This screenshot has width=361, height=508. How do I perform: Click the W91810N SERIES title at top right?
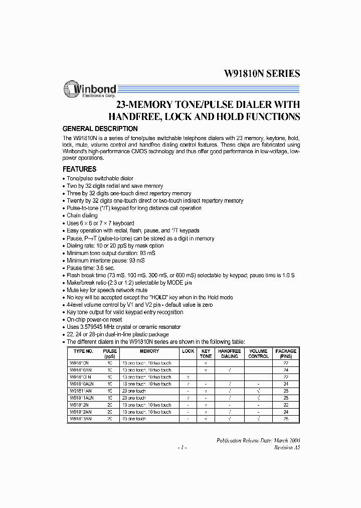click(x=261, y=74)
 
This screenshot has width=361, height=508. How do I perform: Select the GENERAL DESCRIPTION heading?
click(x=100, y=129)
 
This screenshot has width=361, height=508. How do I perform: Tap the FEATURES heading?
click(x=79, y=169)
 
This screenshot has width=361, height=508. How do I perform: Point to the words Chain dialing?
click(x=82, y=215)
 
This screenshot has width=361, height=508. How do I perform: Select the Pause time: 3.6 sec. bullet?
click(x=90, y=268)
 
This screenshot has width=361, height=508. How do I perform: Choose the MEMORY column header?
click(x=149, y=351)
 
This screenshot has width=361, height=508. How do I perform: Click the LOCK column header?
click(x=188, y=351)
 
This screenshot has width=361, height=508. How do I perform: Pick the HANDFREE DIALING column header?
click(x=230, y=353)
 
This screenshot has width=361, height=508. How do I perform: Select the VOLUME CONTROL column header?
click(x=258, y=353)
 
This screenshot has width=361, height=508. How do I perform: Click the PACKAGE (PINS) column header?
click(x=286, y=353)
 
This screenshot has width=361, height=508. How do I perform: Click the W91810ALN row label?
click(x=81, y=384)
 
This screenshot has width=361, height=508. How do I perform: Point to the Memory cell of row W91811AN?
click(x=133, y=391)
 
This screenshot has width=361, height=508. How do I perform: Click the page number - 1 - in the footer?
click(x=182, y=447)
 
